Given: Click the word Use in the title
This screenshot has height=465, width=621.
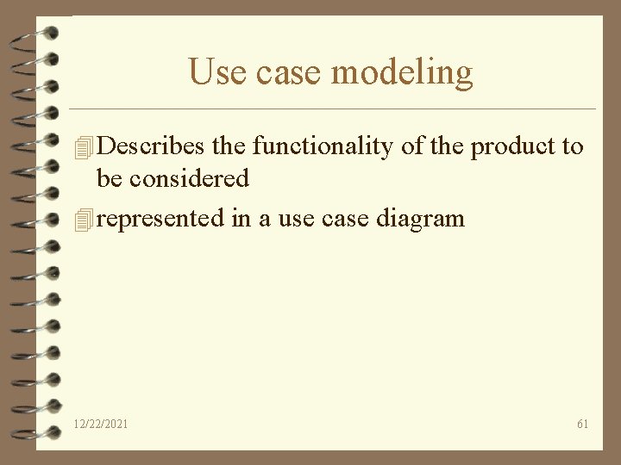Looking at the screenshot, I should pos(213,72).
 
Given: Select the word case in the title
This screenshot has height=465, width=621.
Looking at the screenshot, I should pos(285,73).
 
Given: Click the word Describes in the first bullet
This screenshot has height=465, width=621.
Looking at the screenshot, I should pos(152,146).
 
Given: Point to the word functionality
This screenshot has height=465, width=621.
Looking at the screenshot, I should pos(323,146).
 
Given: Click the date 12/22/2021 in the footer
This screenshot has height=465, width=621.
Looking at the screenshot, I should pos(102,424).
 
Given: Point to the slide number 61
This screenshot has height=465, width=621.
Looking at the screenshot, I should pos(583,424).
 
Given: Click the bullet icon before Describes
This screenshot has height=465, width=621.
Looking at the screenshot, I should pos(84,148).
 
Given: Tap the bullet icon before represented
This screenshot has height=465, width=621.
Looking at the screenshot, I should pos(84,220).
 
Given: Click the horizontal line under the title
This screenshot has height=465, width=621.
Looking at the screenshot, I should pos(333,109).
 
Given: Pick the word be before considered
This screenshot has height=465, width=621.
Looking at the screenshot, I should pos(109,179).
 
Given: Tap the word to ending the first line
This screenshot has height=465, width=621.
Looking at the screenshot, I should pos(573,146).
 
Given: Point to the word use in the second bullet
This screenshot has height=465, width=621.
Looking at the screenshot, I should pos(296,219).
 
